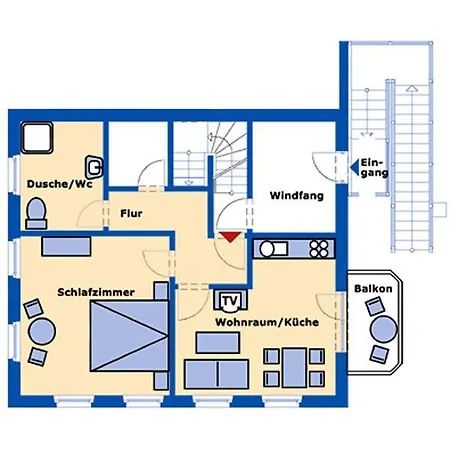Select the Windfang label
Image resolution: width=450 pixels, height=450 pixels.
pos(296,197)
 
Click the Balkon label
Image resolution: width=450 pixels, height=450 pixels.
pos(372,289)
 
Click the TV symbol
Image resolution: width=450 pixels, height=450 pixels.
pos(229,300)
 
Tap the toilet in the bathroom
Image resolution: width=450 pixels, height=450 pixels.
pos(37,210)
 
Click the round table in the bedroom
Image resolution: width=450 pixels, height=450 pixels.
pos(41,330)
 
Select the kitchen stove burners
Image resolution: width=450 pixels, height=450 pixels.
pos(320,247)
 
